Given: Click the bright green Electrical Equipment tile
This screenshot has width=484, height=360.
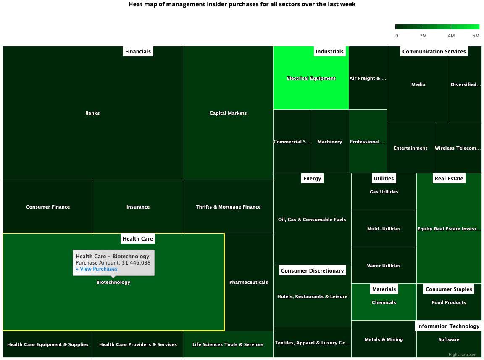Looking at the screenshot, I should point(311,78).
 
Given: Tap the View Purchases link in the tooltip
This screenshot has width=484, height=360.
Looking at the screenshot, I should point(97,269).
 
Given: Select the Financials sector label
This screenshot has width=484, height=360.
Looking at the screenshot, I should point(138,52).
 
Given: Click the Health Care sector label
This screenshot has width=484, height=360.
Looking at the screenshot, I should point(138,239).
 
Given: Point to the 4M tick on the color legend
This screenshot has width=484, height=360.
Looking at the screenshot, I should point(451,36).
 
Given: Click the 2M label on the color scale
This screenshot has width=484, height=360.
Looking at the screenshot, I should point(423,36).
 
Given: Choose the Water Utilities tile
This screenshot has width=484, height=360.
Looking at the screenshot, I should point(384,266).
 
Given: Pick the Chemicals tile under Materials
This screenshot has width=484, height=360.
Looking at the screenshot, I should point(384,303).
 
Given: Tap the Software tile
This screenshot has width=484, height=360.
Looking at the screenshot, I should point(449,340).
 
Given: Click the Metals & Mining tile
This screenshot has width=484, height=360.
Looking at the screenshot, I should point(384,340).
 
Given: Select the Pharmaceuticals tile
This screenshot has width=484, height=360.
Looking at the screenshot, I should point(249,282).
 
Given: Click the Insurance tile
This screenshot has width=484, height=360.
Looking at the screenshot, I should point(138,207).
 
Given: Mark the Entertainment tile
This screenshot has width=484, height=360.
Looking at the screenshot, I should point(410,148).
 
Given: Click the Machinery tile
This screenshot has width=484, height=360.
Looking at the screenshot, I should point(330,142).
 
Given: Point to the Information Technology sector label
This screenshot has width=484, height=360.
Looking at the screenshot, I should point(448,326).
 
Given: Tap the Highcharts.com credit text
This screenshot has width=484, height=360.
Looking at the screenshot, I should point(463,355).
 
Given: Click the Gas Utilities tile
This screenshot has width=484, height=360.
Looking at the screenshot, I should point(384,192).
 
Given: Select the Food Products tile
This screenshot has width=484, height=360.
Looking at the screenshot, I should point(449,303).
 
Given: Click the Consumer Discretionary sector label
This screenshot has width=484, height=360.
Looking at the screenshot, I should point(313,271).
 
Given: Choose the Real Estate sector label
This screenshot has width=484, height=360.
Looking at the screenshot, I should point(449,179).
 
